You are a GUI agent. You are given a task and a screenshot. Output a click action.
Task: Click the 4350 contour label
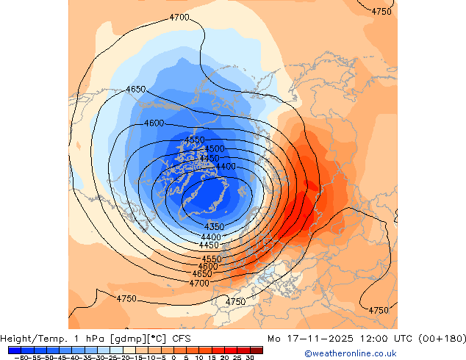click(x=214, y=226)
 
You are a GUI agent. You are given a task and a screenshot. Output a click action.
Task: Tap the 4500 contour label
click(x=215, y=149)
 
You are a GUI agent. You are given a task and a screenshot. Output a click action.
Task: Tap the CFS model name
click(x=182, y=339)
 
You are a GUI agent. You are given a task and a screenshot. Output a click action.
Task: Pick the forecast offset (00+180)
click(x=440, y=339)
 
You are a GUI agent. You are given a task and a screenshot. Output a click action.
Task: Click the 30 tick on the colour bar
click(x=250, y=358)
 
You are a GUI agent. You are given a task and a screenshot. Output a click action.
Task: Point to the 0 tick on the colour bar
click(x=173, y=358)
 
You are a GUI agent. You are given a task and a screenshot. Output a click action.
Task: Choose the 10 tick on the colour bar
click(x=199, y=358)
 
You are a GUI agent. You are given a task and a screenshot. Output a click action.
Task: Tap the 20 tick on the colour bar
click(x=225, y=358)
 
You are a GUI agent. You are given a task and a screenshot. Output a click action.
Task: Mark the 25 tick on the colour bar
click(x=237, y=358)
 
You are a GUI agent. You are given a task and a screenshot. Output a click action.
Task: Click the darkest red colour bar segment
click(x=257, y=350)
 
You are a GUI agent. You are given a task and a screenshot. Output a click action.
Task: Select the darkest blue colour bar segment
click(x=15, y=350)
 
